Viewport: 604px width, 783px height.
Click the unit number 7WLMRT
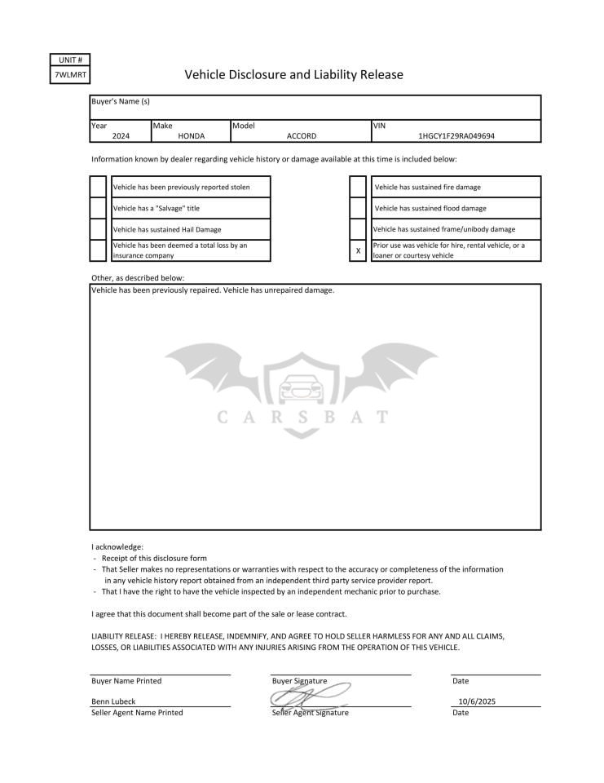pos(68,75)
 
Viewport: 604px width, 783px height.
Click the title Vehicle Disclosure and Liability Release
pos(293,75)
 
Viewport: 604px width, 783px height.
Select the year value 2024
pos(121,136)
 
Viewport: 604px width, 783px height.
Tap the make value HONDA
pos(191,136)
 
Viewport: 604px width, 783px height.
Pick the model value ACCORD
pos(302,136)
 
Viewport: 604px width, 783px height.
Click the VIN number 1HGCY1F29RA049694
pos(456,136)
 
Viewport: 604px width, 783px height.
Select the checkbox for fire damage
pos(358,187)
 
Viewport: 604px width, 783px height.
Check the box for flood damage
pos(358,208)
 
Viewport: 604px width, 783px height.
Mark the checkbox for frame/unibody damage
pos(358,229)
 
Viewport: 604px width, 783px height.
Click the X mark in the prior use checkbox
pos(358,250)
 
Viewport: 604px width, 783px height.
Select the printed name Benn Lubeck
pos(113,701)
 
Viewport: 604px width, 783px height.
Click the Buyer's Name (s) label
pos(121,101)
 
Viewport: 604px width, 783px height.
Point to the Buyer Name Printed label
pos(126,680)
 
